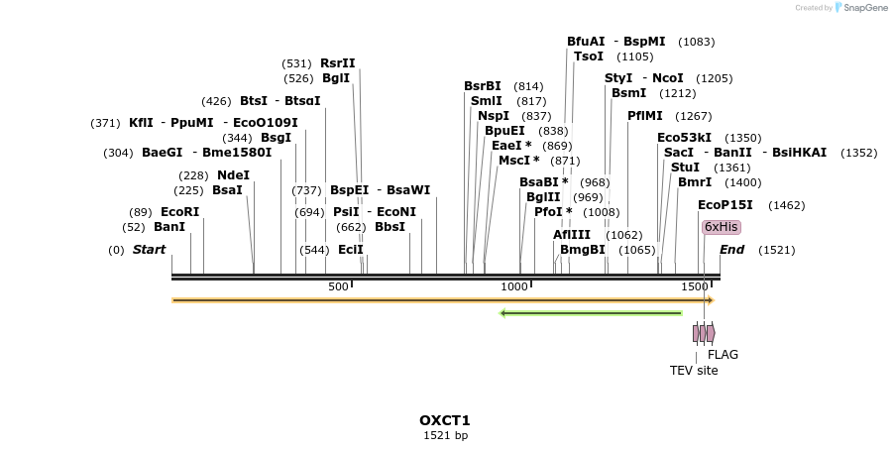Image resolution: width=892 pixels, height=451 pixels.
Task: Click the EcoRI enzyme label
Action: (x=179, y=212)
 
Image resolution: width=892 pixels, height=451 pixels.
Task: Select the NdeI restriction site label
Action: (x=233, y=175)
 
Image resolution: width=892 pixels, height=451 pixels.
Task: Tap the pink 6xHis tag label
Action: (x=721, y=227)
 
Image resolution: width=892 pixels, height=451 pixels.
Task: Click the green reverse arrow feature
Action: (x=591, y=313)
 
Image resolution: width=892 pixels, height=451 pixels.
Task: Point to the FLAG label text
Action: (x=723, y=354)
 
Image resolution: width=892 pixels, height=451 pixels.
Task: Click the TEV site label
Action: (x=694, y=371)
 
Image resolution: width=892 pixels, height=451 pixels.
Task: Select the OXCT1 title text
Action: (x=445, y=420)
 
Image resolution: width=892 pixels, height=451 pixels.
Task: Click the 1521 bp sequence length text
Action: (x=445, y=435)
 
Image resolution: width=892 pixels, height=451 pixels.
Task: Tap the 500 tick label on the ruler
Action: (x=338, y=286)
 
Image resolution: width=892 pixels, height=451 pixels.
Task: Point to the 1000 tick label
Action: (x=513, y=286)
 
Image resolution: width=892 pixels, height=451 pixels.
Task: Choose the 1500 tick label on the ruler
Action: (x=693, y=286)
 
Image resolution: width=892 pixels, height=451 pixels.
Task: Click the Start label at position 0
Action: (x=149, y=250)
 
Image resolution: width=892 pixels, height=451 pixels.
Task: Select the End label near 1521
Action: (x=731, y=250)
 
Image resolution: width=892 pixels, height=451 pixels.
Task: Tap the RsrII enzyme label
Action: (x=337, y=63)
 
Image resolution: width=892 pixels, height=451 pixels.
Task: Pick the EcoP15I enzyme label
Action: (x=725, y=205)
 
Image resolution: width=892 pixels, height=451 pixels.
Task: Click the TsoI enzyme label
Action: (x=588, y=56)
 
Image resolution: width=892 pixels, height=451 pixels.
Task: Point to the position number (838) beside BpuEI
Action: (x=553, y=131)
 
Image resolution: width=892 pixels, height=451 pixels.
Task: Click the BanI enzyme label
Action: (x=168, y=227)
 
